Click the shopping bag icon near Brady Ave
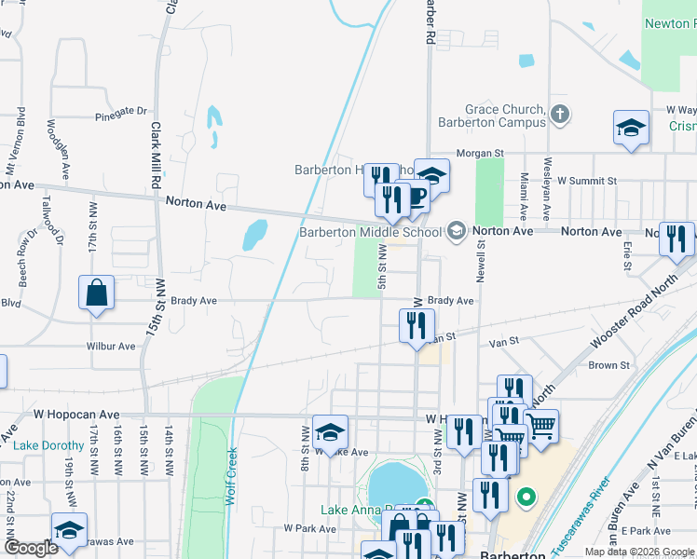(96, 293)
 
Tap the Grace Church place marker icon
(559, 115)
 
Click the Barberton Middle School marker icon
(456, 231)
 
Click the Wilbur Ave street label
(111, 347)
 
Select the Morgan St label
(479, 153)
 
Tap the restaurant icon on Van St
(417, 325)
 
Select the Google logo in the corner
(31, 548)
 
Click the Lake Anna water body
(395, 484)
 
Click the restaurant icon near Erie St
(676, 239)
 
